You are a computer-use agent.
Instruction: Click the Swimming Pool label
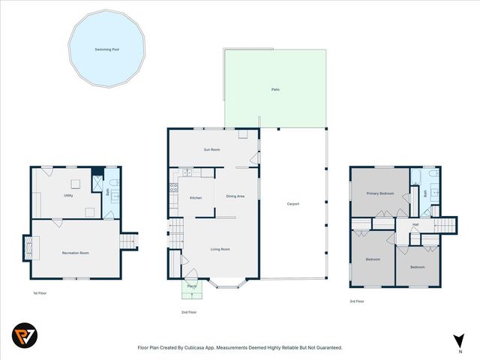[x=106, y=49]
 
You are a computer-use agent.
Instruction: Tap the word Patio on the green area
[x=275, y=89]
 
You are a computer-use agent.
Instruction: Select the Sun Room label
[x=211, y=150]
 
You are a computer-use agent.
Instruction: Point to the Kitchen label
[x=196, y=197]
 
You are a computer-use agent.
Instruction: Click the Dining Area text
[x=235, y=196]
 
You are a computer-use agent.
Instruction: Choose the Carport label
[x=293, y=203]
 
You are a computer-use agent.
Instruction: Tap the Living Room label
[x=220, y=249]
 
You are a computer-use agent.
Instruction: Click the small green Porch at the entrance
[x=192, y=286]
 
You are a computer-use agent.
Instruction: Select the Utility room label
[x=68, y=195]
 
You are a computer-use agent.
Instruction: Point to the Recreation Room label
[x=75, y=253]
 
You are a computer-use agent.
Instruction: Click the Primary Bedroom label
[x=379, y=193]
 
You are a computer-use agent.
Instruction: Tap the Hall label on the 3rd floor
[x=415, y=224]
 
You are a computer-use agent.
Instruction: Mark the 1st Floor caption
[x=39, y=292]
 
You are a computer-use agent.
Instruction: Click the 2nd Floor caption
[x=189, y=311]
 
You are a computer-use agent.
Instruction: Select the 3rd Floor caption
[x=358, y=301]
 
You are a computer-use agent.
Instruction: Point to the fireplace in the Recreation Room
[x=27, y=247]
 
